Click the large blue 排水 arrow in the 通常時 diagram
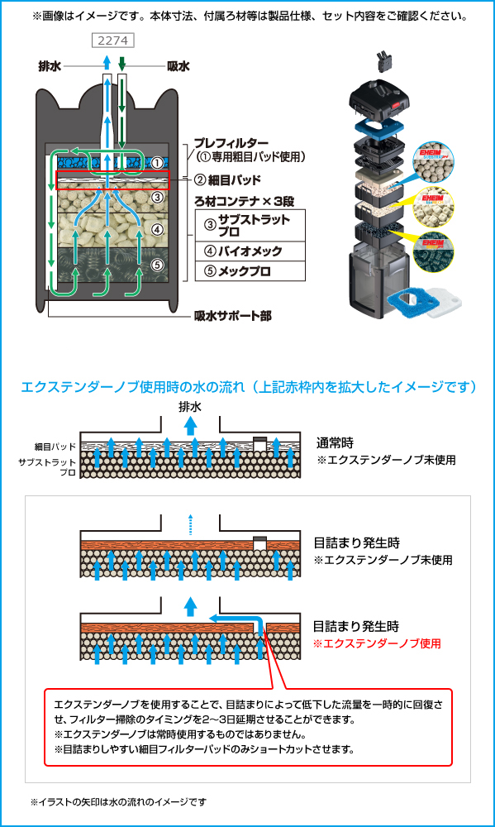coord(190,426)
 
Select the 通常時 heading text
coord(335,442)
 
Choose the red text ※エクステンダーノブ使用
coord(377,643)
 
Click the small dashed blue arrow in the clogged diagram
coord(190,524)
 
